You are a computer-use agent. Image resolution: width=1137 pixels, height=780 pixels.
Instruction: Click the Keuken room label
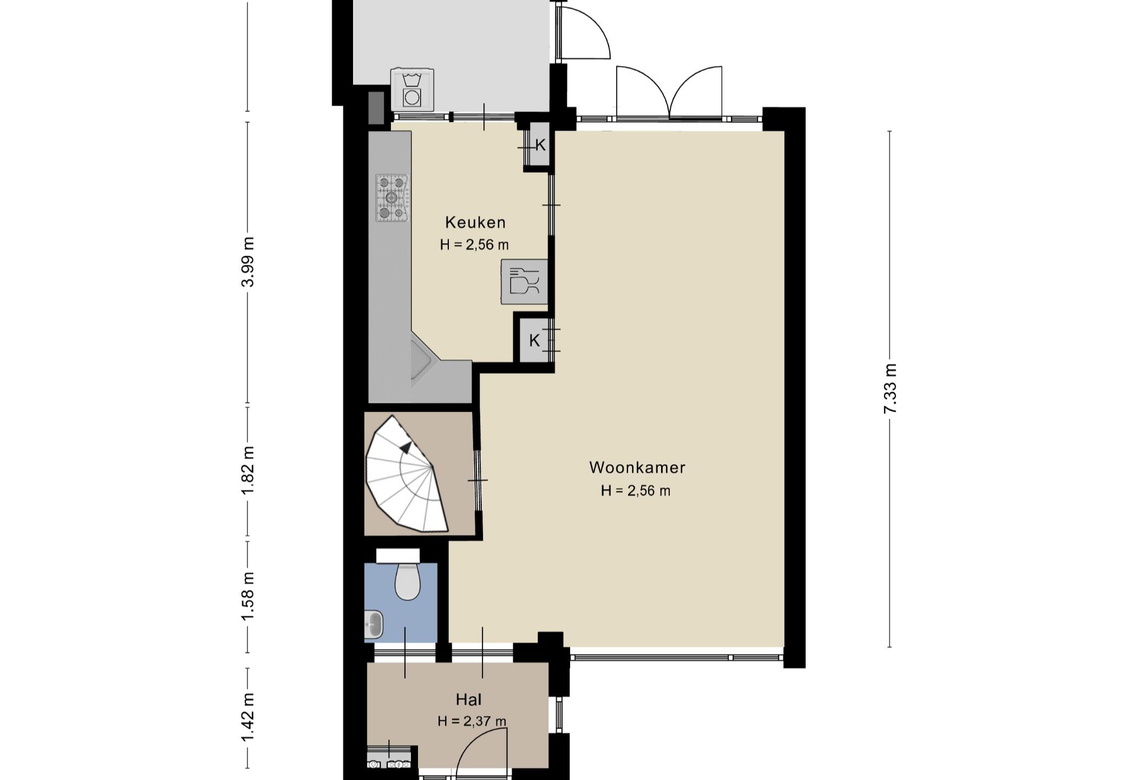475,222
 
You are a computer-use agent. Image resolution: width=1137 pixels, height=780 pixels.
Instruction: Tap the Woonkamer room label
637,467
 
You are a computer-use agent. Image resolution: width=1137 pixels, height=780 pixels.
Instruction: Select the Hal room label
469,699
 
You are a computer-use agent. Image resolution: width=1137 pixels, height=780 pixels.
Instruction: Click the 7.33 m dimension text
890,389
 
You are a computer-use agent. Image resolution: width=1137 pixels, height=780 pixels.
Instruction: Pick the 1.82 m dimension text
248,470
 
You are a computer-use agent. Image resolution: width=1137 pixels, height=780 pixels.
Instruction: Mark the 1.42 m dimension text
248,718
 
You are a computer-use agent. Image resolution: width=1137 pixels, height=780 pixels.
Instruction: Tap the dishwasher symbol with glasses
524,282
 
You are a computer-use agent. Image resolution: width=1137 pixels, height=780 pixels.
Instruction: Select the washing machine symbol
413,89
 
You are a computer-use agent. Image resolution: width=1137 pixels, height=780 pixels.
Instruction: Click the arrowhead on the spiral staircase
406,446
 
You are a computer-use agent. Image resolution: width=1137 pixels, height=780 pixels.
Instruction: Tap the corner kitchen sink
421,360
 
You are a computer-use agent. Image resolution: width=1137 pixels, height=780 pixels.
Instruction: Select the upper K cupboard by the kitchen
539,145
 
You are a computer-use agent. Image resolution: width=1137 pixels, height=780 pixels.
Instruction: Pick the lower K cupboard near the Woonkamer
534,341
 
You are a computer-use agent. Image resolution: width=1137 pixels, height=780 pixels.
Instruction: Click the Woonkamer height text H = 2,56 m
636,491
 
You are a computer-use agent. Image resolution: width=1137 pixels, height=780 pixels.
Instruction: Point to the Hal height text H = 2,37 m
472,721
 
